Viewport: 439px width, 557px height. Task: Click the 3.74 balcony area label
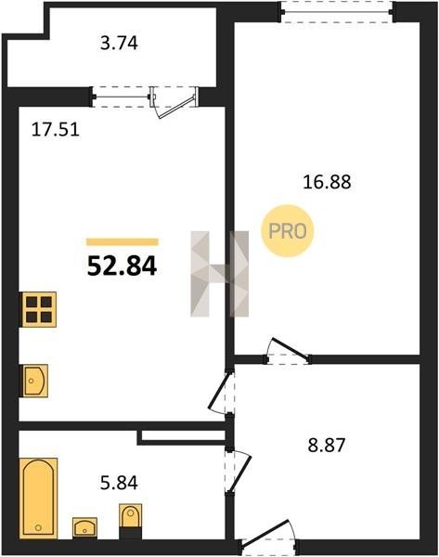(119, 44)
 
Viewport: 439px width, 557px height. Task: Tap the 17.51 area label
(56, 129)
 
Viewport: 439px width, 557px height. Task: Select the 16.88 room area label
(327, 182)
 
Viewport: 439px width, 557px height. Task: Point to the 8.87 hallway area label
(327, 445)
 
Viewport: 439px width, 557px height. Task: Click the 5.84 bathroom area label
(119, 483)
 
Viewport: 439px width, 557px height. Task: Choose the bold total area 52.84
(122, 266)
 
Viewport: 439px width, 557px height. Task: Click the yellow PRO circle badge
(288, 231)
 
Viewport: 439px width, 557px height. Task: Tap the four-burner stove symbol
(39, 309)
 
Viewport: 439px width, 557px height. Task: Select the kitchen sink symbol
(35, 381)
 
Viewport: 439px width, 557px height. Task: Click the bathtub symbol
(38, 498)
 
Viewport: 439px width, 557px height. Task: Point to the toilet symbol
(130, 521)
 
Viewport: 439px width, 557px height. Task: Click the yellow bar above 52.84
(123, 242)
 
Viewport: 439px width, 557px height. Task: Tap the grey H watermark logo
(219, 274)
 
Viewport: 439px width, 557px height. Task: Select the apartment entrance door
(266, 532)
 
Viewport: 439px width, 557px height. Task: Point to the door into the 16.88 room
(289, 349)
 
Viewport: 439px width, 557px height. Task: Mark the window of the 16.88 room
(337, 12)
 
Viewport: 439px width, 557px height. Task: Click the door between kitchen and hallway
(218, 392)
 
